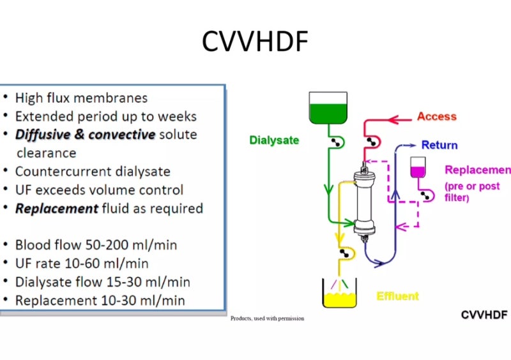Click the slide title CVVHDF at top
pyautogui.click(x=256, y=41)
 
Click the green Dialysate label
pyautogui.click(x=274, y=140)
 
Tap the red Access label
pyautogui.click(x=436, y=116)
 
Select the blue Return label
pyautogui.click(x=439, y=145)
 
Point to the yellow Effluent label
pyautogui.click(x=397, y=296)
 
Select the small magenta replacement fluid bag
pyautogui.click(x=418, y=167)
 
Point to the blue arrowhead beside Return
pyautogui.click(x=413, y=146)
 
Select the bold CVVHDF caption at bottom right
pyautogui.click(x=484, y=315)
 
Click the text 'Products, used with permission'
pyautogui.click(x=267, y=318)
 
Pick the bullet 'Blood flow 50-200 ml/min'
pyautogui.click(x=96, y=245)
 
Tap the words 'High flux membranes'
pyautogui.click(x=81, y=98)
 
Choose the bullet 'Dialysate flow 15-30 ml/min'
pyautogui.click(x=102, y=281)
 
